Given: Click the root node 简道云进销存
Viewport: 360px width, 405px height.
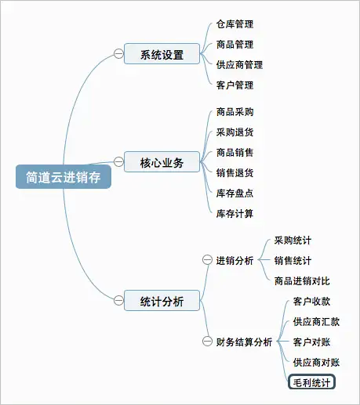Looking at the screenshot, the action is point(64,177).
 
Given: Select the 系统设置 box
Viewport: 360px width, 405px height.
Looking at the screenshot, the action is point(162,54).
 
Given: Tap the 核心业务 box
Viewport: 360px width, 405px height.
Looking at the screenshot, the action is point(162,161).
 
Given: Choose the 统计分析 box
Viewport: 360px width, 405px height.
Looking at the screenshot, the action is point(162,300).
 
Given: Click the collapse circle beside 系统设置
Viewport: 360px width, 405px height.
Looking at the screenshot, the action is point(118,54).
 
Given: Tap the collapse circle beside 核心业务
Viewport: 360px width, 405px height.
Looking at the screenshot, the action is point(118,161).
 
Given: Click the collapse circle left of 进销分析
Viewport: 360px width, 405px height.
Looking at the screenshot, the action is point(207,260).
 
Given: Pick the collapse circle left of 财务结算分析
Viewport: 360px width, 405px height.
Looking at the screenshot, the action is point(207,342).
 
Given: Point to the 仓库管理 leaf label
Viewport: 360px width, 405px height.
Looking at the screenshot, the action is point(235,24).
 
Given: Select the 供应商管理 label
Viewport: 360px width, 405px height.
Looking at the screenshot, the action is point(239,65).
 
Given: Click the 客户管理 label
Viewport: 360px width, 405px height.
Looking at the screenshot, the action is point(235,85).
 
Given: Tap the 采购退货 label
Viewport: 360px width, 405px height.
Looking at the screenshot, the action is point(235,132).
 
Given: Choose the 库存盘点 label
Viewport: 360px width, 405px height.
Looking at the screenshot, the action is point(235,193).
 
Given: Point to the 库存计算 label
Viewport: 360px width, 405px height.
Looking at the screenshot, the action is point(235,214).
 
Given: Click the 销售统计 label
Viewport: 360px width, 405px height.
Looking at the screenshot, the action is point(293,261).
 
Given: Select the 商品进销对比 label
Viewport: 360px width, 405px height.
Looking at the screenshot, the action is point(302,281).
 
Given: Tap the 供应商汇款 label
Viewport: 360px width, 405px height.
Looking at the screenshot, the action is point(316,322).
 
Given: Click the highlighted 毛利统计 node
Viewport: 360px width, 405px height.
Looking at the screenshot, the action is point(311,382).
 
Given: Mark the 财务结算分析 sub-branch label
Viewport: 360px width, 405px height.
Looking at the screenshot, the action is point(244,342).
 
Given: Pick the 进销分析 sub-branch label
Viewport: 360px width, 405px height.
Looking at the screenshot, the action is point(235,260).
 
